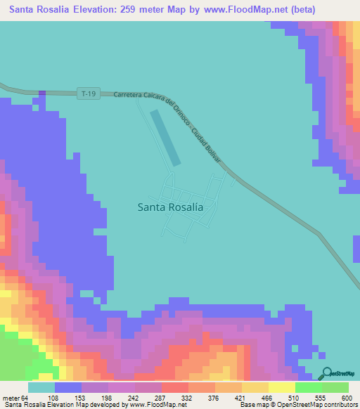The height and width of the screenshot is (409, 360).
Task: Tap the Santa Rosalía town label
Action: (x=171, y=207)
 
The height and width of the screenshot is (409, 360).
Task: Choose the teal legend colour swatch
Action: (x=41, y=387)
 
